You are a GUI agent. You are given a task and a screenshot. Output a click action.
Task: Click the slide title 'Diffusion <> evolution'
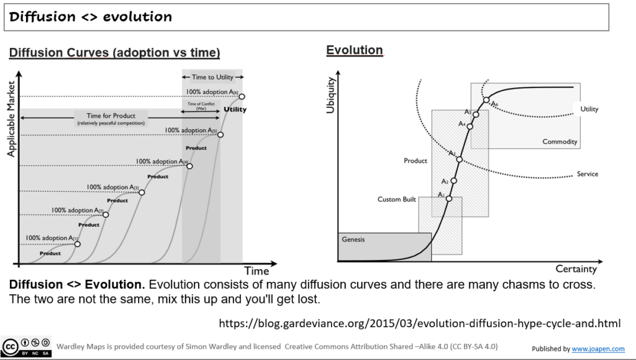click(x=91, y=17)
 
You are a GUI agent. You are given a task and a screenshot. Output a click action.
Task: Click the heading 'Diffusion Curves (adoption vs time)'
click(x=114, y=53)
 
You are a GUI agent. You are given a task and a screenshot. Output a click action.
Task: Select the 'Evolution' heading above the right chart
click(x=354, y=50)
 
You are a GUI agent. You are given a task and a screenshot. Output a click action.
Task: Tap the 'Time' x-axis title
click(x=257, y=271)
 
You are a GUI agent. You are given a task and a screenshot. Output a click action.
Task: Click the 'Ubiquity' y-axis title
click(x=330, y=96)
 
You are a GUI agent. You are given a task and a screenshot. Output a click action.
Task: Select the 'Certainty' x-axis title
click(x=576, y=269)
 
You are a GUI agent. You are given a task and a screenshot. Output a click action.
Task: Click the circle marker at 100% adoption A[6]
click(x=242, y=96)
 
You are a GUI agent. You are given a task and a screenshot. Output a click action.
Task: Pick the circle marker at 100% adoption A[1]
click(x=78, y=244)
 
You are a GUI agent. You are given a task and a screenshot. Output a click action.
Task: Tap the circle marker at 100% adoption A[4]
click(x=189, y=166)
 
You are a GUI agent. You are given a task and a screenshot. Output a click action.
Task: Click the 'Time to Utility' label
click(x=212, y=77)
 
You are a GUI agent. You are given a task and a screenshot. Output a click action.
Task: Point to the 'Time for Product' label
click(x=111, y=116)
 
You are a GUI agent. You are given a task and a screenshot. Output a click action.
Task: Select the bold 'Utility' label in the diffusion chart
click(x=235, y=110)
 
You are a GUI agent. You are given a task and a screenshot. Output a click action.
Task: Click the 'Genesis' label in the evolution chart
click(x=353, y=240)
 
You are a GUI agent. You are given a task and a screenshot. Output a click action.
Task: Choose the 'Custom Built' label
click(x=396, y=199)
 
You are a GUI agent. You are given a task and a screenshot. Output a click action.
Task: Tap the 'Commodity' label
click(x=560, y=142)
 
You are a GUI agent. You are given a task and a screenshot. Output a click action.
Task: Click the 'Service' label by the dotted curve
click(x=587, y=174)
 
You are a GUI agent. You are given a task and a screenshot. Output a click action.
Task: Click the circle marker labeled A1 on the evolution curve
click(x=449, y=199)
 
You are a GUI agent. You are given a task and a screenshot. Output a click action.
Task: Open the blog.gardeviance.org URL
click(x=420, y=323)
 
